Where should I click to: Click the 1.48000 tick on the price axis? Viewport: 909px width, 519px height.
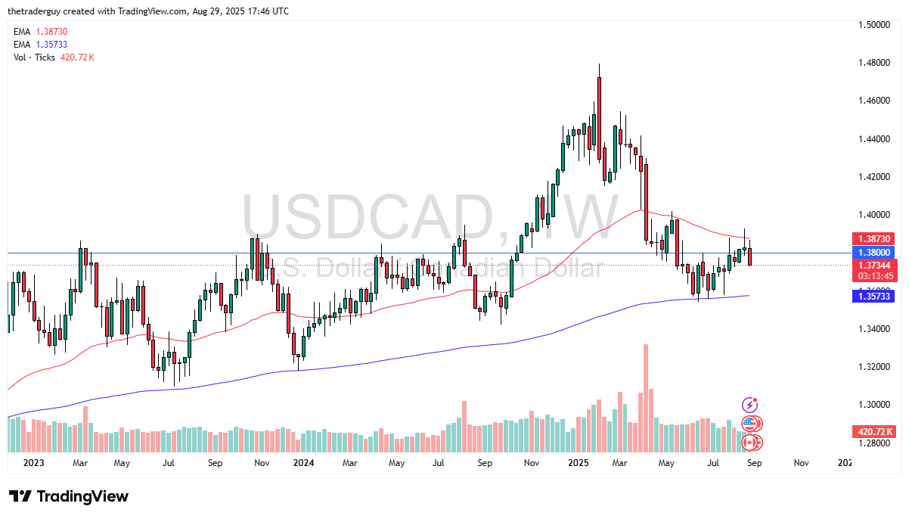point(875,63)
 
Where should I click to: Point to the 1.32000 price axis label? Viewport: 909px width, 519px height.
point(875,367)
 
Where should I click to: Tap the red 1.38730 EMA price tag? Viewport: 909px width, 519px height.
point(873,238)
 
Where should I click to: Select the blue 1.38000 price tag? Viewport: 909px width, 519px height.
point(873,252)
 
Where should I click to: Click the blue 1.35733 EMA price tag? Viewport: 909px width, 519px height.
point(873,297)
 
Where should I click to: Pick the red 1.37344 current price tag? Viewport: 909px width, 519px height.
point(873,266)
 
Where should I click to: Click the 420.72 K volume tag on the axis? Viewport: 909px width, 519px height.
point(873,431)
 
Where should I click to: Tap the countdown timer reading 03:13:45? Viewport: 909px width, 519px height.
point(873,276)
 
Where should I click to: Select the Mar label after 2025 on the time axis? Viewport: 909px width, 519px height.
point(619,462)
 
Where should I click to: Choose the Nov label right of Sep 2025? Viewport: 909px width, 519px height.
point(802,462)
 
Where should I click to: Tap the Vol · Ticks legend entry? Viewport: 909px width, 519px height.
point(34,57)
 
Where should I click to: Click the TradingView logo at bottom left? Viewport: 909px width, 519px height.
point(69,496)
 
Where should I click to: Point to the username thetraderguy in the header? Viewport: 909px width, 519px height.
point(36,11)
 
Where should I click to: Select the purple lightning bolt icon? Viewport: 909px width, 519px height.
point(749,406)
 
